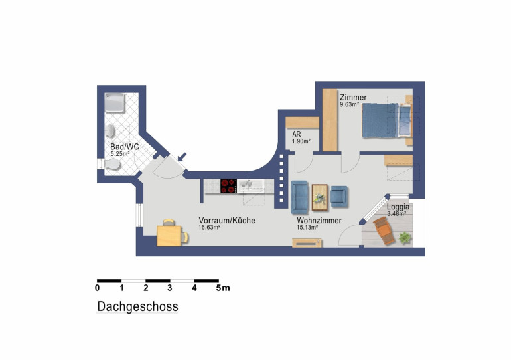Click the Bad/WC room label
[125, 147]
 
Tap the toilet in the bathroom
[112, 164]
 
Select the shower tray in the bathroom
[115, 103]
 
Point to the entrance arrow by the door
[183, 157]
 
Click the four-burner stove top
[228, 186]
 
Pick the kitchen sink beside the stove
[250, 186]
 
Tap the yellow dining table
[169, 236]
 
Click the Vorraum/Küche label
[227, 221]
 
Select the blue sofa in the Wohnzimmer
[299, 195]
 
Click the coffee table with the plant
[319, 197]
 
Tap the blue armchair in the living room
[339, 197]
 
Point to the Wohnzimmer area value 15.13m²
[307, 228]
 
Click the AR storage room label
[297, 134]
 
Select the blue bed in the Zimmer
[386, 120]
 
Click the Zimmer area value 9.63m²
[349, 104]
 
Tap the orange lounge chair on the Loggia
[384, 230]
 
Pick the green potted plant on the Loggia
[405, 238]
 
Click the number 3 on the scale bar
[170, 288]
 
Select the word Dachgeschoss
[137, 306]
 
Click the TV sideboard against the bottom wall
[307, 243]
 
